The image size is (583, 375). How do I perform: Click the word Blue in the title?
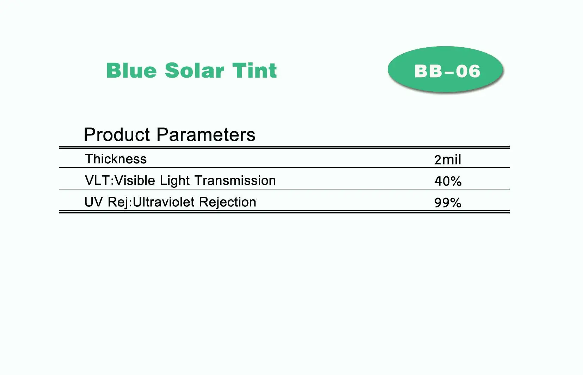(x=132, y=70)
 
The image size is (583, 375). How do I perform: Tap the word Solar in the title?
(x=195, y=70)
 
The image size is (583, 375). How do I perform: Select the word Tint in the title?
(x=254, y=70)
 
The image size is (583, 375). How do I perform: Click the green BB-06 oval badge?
(x=445, y=69)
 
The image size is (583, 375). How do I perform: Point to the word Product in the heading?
(x=117, y=135)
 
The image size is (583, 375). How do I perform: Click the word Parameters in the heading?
(x=206, y=135)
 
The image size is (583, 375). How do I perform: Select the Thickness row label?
(x=116, y=159)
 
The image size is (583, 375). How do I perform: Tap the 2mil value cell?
(x=448, y=160)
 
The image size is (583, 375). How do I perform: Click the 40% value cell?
(x=448, y=181)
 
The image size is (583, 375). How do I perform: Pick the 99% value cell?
(x=448, y=202)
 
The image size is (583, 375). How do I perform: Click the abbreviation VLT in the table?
(x=98, y=181)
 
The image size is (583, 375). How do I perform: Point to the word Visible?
(x=135, y=181)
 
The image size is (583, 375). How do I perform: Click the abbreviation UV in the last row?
(x=94, y=202)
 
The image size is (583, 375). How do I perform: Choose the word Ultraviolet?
(x=164, y=202)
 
